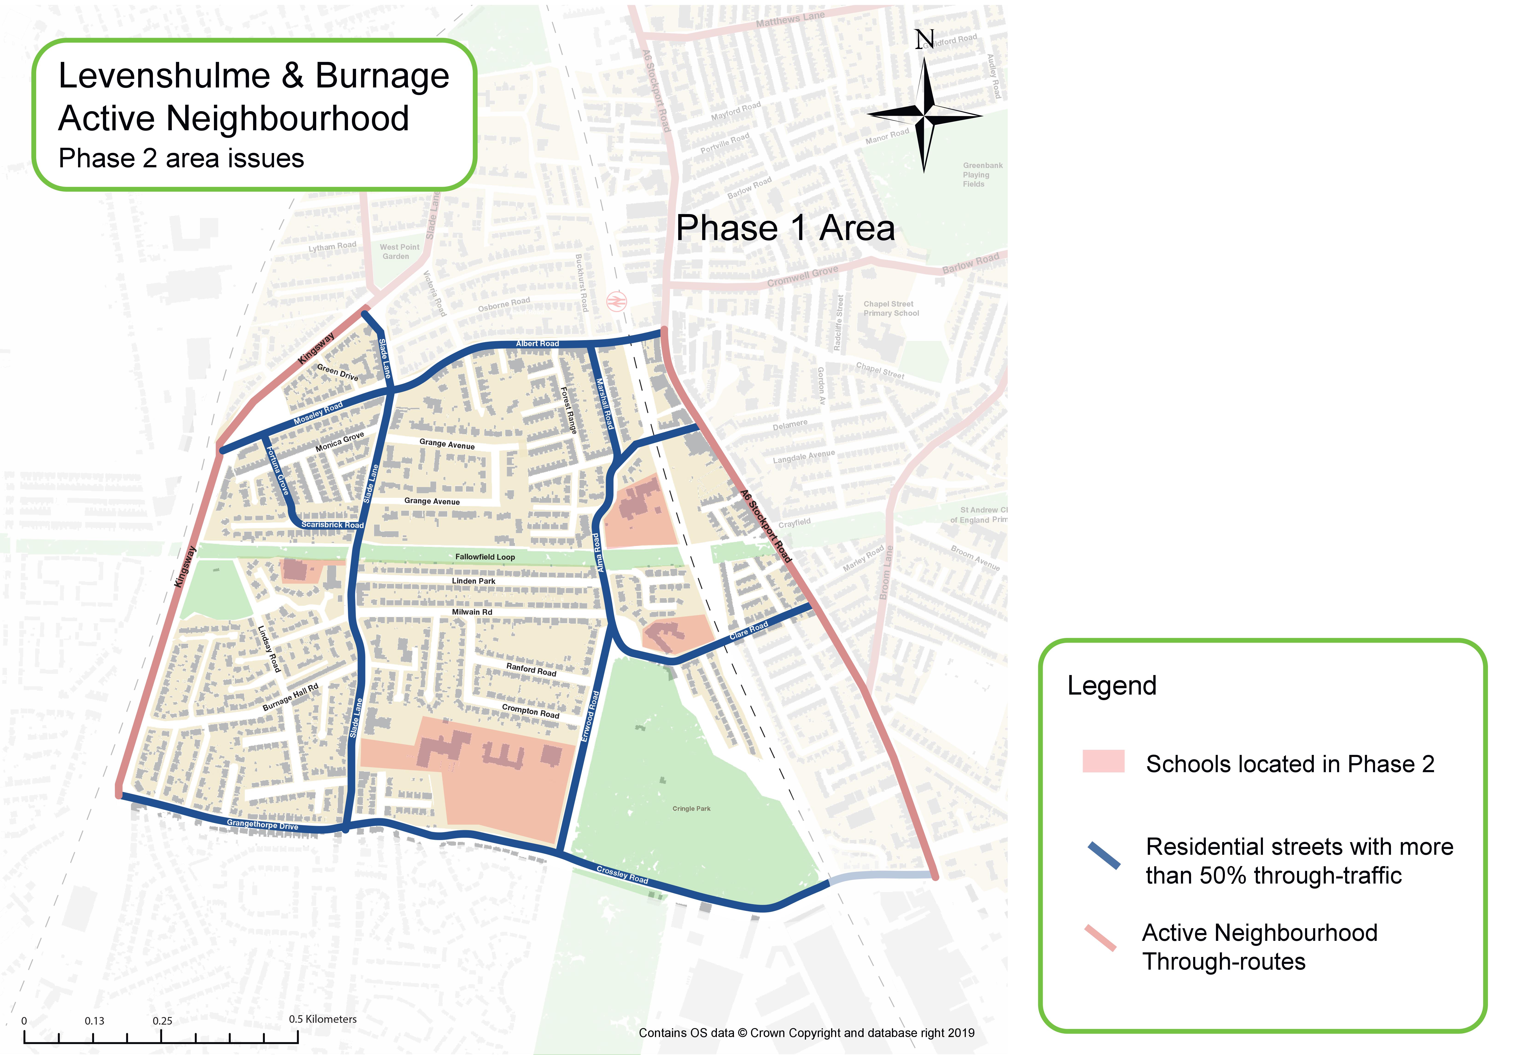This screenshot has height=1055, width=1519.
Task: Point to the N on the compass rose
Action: [924, 40]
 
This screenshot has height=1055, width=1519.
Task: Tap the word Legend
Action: [1112, 685]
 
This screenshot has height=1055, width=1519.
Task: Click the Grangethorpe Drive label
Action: [263, 824]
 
